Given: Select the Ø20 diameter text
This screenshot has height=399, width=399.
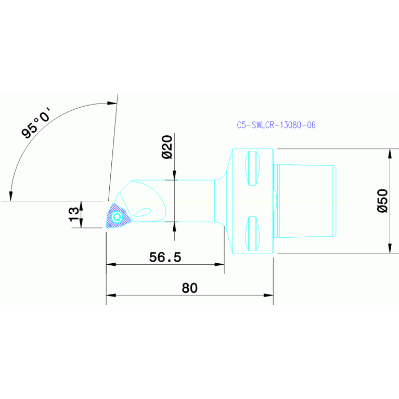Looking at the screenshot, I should point(166,147).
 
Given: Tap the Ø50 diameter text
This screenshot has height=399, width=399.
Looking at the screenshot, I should point(382,200).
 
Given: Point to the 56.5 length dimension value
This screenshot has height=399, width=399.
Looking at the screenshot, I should point(165,258).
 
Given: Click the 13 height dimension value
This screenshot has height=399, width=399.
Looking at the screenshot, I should point(74,214).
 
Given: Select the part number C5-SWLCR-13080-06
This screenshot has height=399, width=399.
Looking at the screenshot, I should point(276,125).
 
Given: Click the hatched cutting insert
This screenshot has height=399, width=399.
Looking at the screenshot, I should point(117,216).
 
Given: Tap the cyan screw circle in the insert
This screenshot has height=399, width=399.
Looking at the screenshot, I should point(117,216).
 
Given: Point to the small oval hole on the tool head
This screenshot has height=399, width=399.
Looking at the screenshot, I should point(143,211).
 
